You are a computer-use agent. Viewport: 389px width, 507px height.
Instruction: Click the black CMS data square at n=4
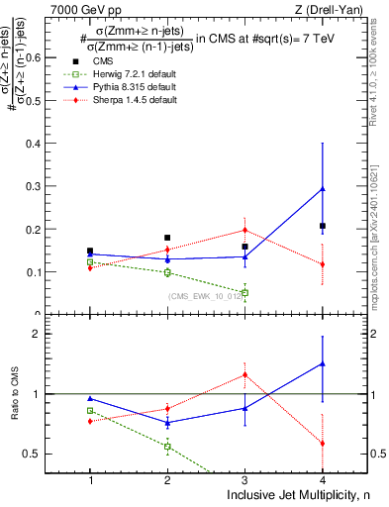(322, 226)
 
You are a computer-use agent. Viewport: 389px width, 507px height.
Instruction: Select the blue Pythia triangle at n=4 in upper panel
(322, 188)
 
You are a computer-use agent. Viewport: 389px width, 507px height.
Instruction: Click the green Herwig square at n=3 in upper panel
(244, 292)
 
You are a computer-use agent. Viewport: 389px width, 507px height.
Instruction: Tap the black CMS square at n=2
(167, 238)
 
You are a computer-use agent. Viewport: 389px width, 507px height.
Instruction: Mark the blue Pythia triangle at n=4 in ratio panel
(322, 363)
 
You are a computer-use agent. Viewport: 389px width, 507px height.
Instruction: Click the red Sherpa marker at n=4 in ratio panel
(322, 443)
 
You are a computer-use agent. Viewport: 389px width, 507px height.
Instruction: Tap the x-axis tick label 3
(244, 480)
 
